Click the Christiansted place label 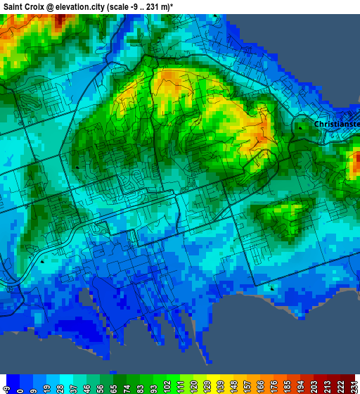(337, 124)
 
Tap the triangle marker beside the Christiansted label (300, 128)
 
